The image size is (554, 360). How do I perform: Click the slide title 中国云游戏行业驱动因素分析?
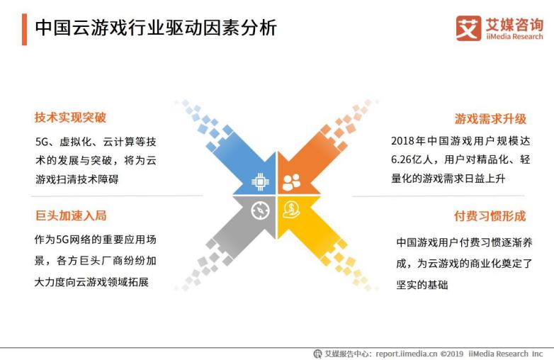(155, 28)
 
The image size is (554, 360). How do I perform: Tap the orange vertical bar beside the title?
(24, 28)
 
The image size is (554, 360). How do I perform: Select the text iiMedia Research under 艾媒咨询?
(514, 37)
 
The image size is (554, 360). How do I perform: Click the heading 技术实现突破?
(70, 118)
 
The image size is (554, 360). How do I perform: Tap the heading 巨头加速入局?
(70, 215)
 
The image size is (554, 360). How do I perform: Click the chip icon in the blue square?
(261, 182)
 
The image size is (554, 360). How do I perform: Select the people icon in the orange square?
(291, 182)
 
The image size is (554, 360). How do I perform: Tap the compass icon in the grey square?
(261, 210)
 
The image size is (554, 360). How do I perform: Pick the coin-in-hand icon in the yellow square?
(291, 210)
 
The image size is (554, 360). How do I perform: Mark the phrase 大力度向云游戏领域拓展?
(95, 282)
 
